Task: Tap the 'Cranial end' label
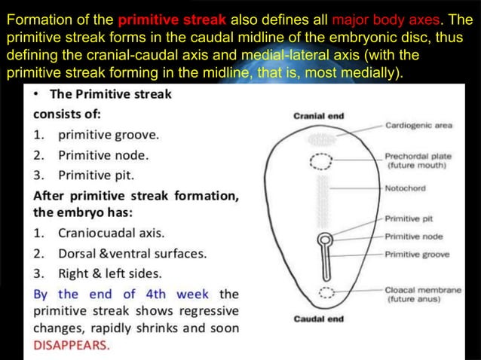[318, 116]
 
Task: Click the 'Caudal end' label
[318, 319]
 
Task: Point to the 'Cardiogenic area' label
[418, 127]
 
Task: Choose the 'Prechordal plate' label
[416, 157]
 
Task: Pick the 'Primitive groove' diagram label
[416, 255]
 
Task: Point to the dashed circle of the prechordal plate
[322, 160]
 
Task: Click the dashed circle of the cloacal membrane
[325, 292]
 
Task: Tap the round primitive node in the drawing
[324, 241]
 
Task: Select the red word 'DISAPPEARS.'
[72, 346]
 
